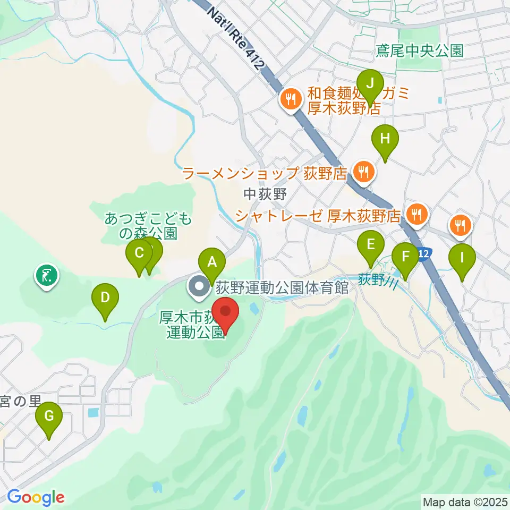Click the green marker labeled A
[212, 262]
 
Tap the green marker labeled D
[105, 297]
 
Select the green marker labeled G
[49, 416]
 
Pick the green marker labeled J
[370, 83]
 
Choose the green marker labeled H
[386, 139]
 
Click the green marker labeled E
[370, 245]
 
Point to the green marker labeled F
[405, 257]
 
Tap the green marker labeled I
[461, 258]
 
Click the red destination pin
[225, 311]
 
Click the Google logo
[36, 497]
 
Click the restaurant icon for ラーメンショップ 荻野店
[363, 172]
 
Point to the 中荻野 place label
[266, 194]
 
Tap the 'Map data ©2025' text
[465, 501]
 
